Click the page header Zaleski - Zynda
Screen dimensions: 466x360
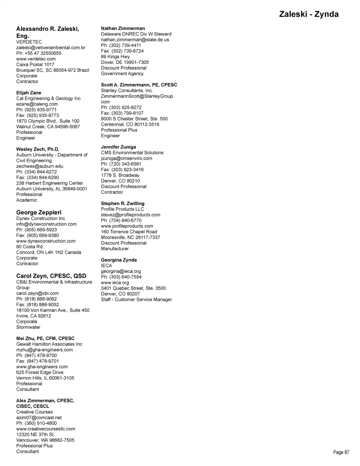tap(309, 14)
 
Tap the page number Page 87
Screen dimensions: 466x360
tap(341, 452)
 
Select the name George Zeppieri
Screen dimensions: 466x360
tap(39, 212)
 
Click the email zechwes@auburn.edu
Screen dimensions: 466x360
tap(40, 166)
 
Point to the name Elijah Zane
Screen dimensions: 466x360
tap(28, 93)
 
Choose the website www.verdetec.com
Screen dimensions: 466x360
tap(36, 59)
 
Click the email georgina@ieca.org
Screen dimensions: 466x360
tap(121, 272)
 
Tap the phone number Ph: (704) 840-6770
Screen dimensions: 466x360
tap(121, 221)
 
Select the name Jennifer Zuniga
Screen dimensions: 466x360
tap(118, 147)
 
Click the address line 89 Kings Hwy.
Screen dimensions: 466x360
tap(116, 57)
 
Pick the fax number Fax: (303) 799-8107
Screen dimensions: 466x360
tap(122, 113)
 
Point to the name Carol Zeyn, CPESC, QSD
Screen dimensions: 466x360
tap(51, 276)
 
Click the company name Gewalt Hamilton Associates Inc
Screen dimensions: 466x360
tap(49, 344)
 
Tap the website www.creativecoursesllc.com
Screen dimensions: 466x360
tap(45, 429)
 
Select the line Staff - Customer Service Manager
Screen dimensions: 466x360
tap(136, 300)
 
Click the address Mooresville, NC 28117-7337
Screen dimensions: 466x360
tap(130, 237)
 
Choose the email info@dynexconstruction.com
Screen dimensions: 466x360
tap(46, 224)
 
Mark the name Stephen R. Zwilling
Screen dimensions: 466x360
tap(122, 204)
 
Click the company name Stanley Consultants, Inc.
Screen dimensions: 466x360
tap(127, 91)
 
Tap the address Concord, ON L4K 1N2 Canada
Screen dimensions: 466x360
tap(49, 253)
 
